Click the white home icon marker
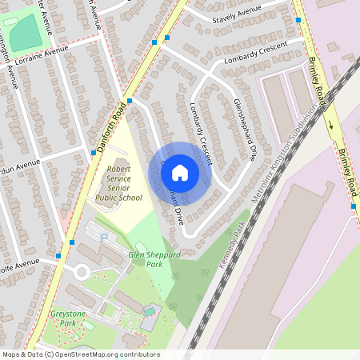point(180,173)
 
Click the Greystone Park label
point(66,319)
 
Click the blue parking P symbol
point(102,238)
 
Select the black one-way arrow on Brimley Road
point(330,124)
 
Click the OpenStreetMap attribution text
point(80,354)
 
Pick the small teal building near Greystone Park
point(149,310)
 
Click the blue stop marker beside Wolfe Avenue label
point(58,256)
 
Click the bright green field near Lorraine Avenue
point(25,31)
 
